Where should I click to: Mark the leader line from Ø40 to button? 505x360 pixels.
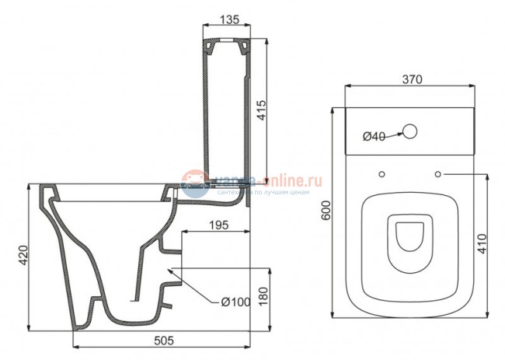392,135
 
